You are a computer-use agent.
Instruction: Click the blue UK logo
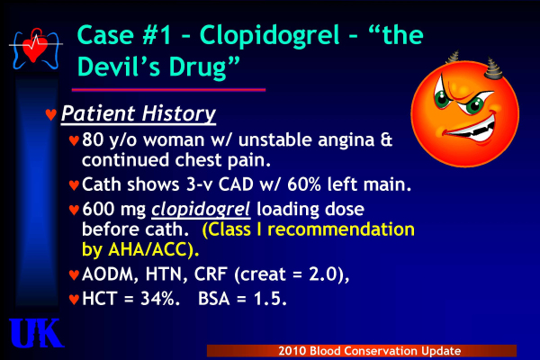click(x=36, y=333)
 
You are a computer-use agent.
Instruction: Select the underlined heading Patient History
click(x=139, y=113)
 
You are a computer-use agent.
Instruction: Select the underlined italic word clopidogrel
click(x=201, y=209)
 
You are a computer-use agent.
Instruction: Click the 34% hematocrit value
click(x=157, y=299)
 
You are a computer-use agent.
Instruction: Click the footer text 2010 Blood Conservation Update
click(x=370, y=351)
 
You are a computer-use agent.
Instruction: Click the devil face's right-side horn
click(x=493, y=68)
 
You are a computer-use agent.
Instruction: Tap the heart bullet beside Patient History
click(x=51, y=114)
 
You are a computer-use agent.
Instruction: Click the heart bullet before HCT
click(x=74, y=300)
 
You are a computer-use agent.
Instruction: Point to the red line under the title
click(x=168, y=90)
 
